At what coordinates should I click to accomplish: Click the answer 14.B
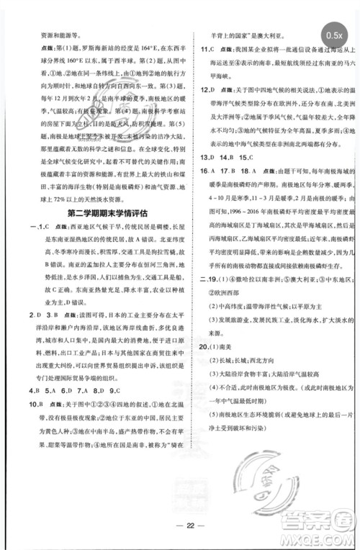pos(230,177)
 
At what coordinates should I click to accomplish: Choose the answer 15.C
pos(248,177)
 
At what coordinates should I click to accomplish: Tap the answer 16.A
pos(207,191)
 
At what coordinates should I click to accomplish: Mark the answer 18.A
pos(246,191)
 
